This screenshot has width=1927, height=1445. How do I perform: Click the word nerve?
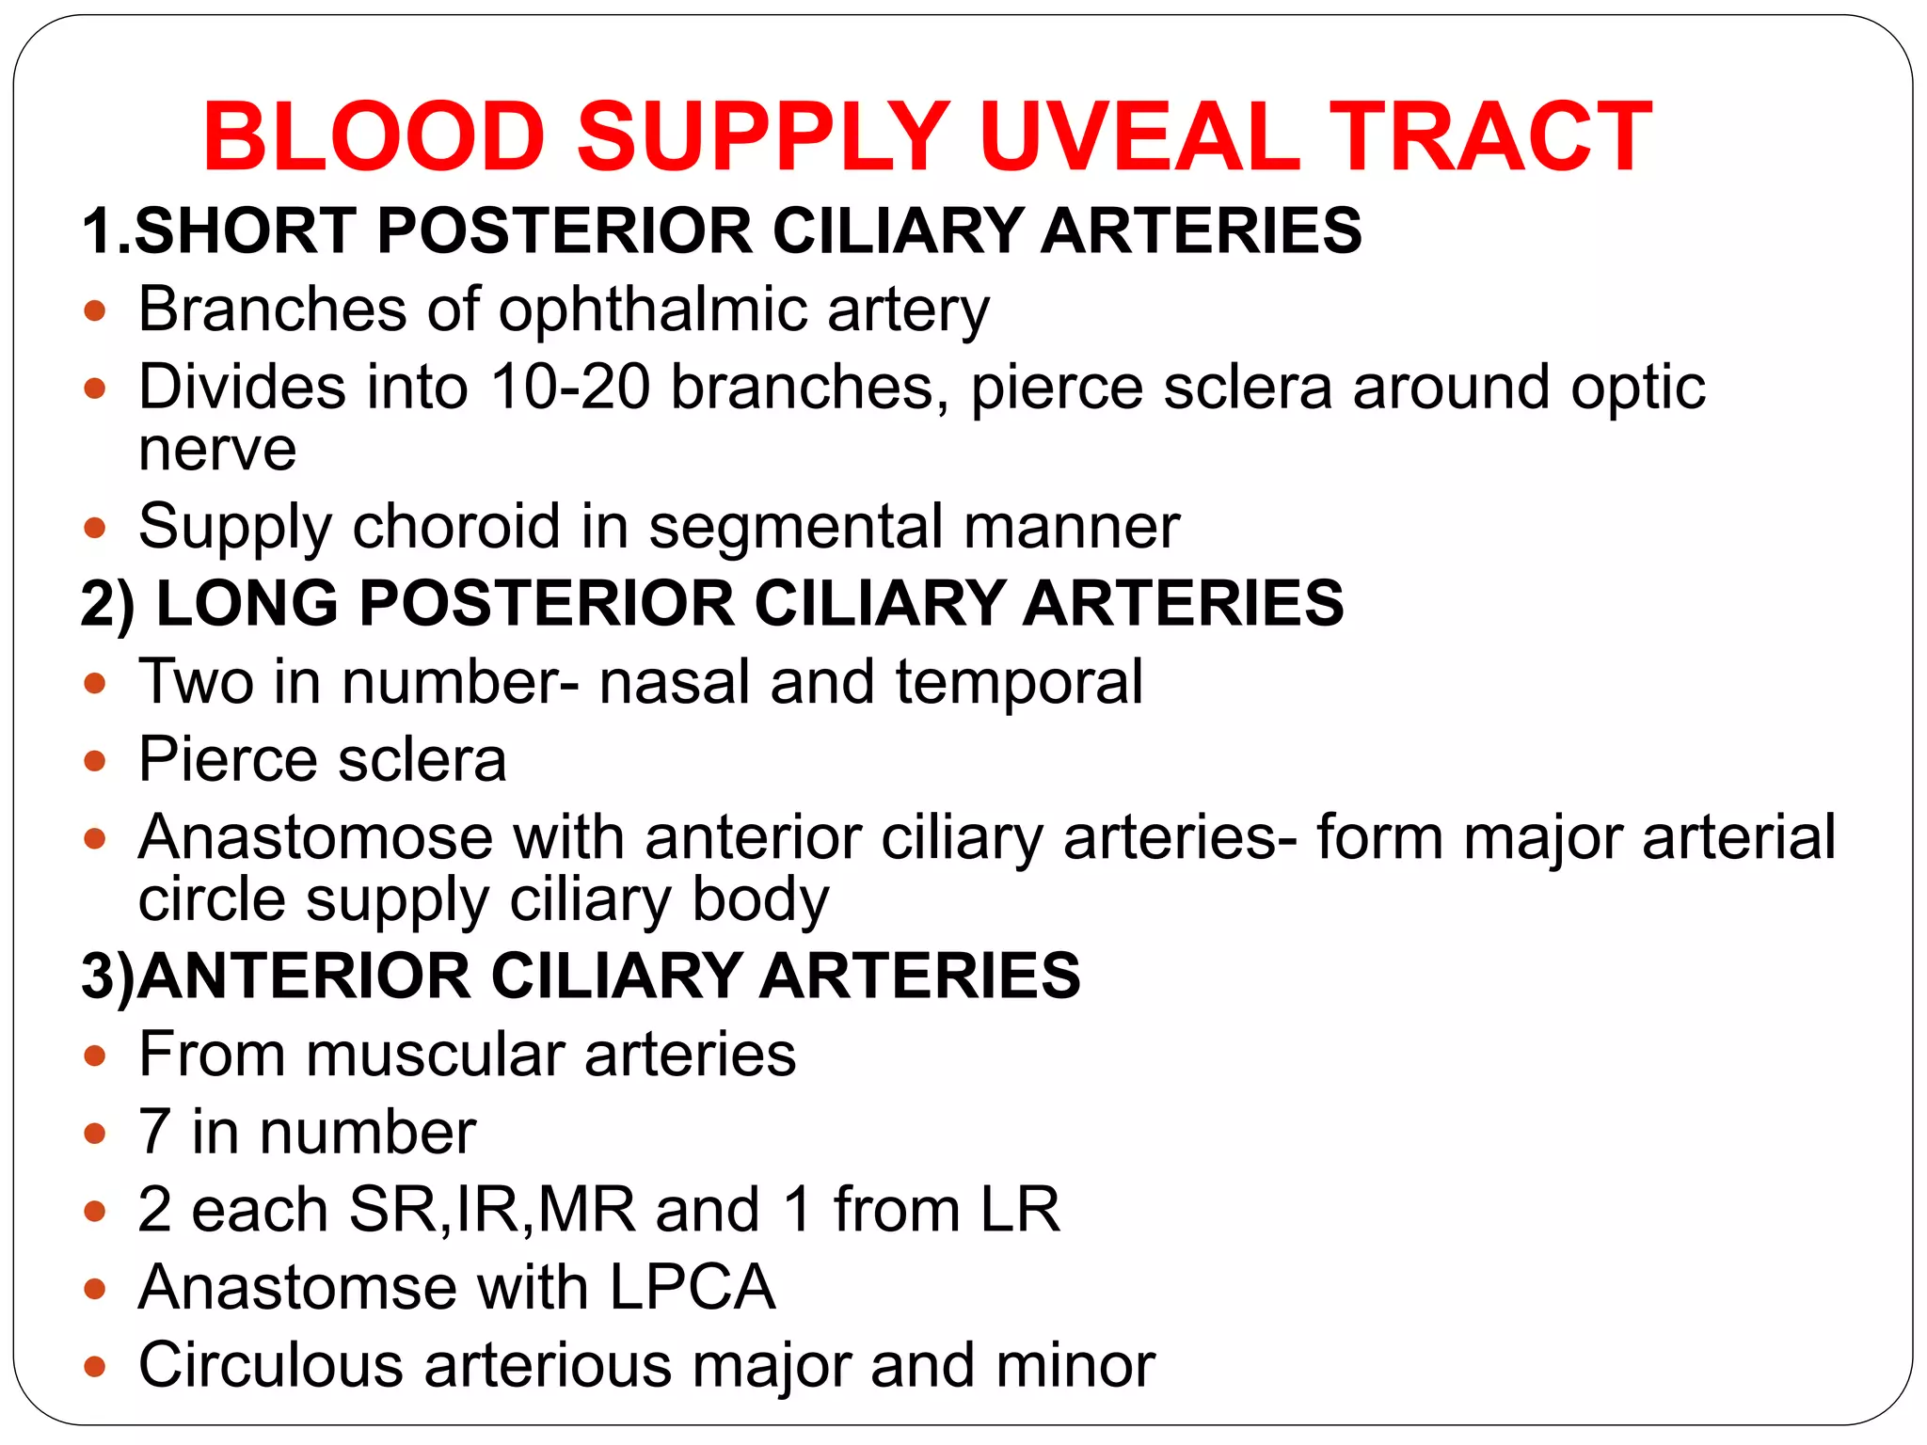217,449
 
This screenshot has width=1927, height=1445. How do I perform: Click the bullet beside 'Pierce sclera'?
94,759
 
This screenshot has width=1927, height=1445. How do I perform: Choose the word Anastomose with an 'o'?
315,836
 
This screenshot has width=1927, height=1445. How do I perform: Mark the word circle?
212,898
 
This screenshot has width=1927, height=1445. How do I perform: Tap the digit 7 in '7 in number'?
154,1132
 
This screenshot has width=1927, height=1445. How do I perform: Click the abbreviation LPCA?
693,1287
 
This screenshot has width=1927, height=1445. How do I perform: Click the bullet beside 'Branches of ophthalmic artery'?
94,310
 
